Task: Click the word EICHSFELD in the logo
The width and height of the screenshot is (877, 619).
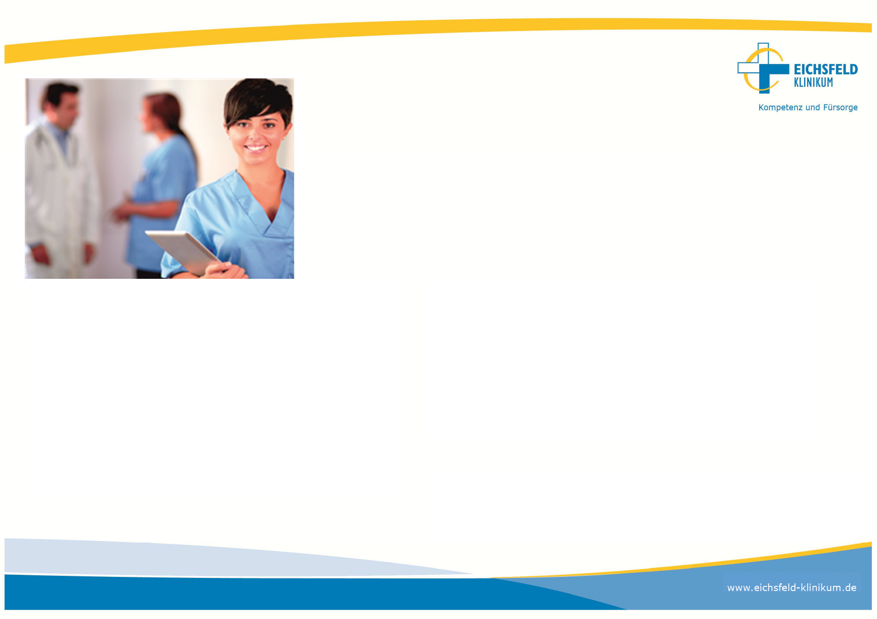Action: pos(826,69)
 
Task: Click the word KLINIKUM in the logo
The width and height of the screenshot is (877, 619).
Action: pos(813,83)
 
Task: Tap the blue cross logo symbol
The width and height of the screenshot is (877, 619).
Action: pos(763,69)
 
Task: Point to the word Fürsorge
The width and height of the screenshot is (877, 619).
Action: pos(840,107)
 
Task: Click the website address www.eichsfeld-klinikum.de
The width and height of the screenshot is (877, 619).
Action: pos(792,588)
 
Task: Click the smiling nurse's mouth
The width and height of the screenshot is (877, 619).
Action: pos(256,148)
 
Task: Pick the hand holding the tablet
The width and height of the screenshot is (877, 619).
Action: pos(225,270)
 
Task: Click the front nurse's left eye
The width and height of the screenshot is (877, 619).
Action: pos(269,125)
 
